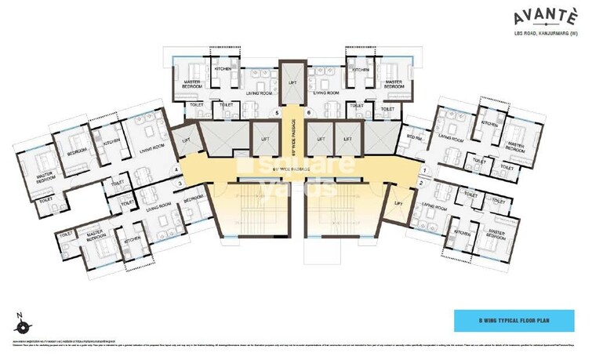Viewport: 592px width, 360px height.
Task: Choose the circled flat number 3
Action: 180,184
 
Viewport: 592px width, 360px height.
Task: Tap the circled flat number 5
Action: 277,113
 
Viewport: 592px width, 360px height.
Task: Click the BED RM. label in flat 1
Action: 414,137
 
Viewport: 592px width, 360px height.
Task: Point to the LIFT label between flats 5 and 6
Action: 292,82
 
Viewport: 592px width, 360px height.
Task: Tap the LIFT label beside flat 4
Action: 185,140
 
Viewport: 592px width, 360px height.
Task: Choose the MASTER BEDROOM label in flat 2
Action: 495,233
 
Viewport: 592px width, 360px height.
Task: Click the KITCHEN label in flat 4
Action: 111,142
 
